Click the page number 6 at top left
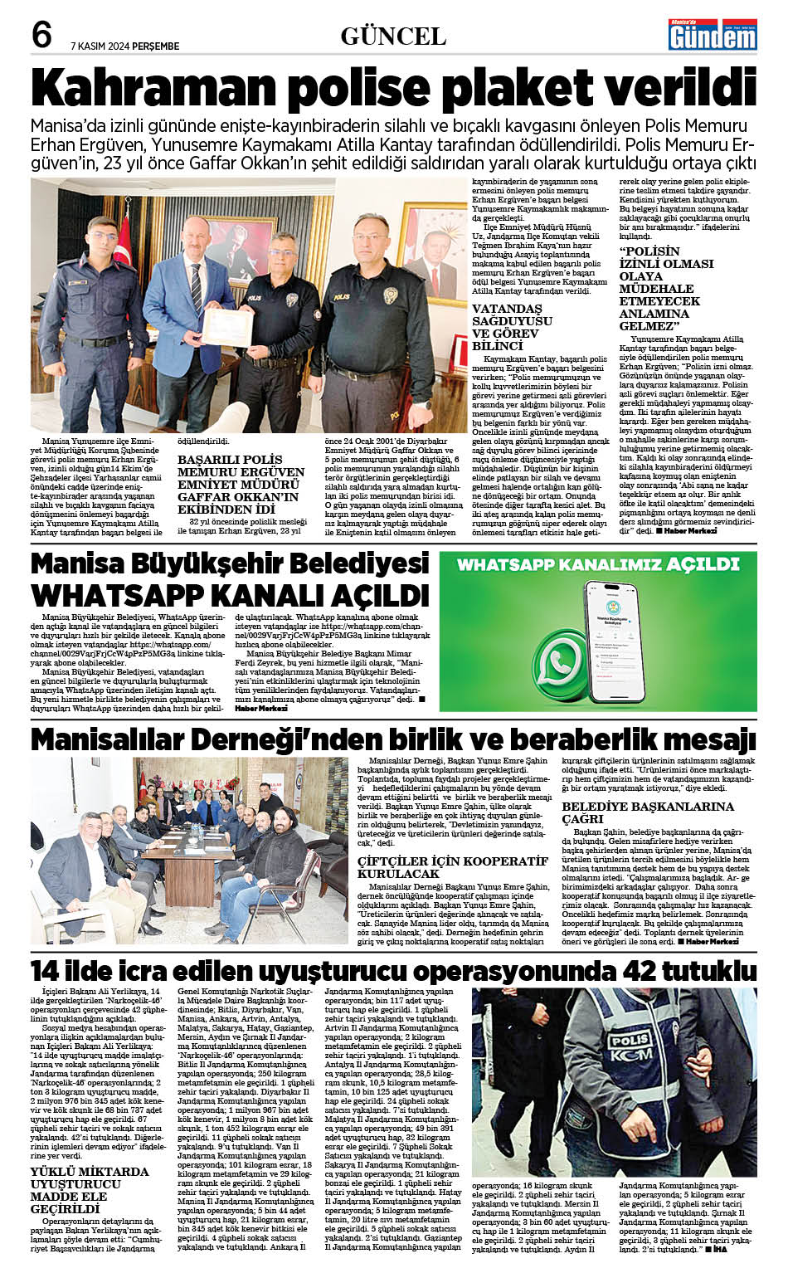(41, 36)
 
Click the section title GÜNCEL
(393, 37)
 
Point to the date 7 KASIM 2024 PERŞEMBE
(124, 46)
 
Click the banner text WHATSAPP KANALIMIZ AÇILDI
(597, 564)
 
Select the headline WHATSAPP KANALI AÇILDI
(230, 596)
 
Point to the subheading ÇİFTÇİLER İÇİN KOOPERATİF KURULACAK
(453, 867)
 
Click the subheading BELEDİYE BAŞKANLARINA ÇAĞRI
(647, 812)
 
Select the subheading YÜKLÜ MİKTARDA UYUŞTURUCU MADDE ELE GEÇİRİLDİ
(90, 1190)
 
